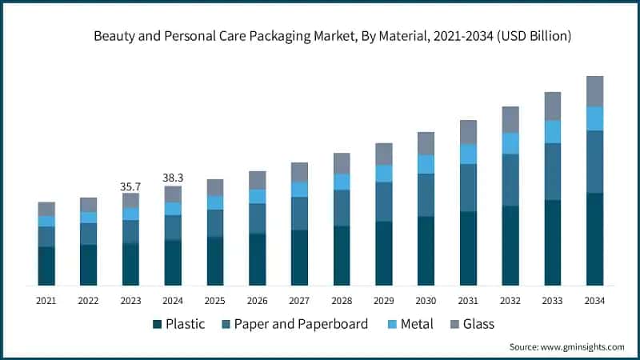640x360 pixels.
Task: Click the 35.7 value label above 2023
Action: [130, 186]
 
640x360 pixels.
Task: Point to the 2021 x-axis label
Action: [46, 300]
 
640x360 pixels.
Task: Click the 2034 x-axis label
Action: [594, 300]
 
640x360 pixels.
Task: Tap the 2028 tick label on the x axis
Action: [342, 300]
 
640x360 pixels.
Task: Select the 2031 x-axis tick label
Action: [468, 300]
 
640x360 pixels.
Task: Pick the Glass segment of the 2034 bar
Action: [594, 91]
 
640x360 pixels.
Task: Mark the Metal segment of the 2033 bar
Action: [552, 131]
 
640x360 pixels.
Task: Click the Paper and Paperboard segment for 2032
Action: [510, 179]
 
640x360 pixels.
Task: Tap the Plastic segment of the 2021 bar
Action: [46, 266]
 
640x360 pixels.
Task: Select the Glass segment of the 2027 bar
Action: [299, 172]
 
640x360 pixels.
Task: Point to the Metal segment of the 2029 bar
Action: [384, 173]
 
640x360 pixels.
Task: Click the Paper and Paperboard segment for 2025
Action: [215, 223]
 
